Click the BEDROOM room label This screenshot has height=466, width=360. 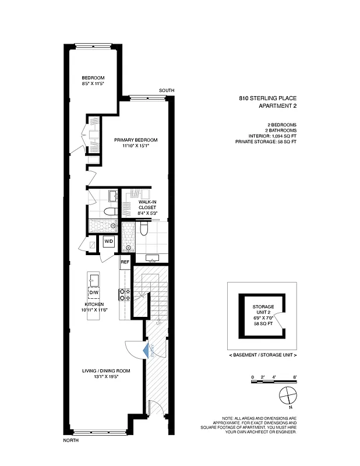point(93,79)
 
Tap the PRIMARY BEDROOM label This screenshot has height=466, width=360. point(136,140)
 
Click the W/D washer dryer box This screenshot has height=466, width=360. point(108,241)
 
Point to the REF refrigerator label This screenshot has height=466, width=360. point(124,262)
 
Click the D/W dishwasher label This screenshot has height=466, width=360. point(94,292)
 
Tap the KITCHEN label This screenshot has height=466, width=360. point(94,305)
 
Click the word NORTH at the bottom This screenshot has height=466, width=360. point(70,440)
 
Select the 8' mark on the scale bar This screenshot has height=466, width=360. point(295,378)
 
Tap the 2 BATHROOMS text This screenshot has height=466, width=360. point(281,130)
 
